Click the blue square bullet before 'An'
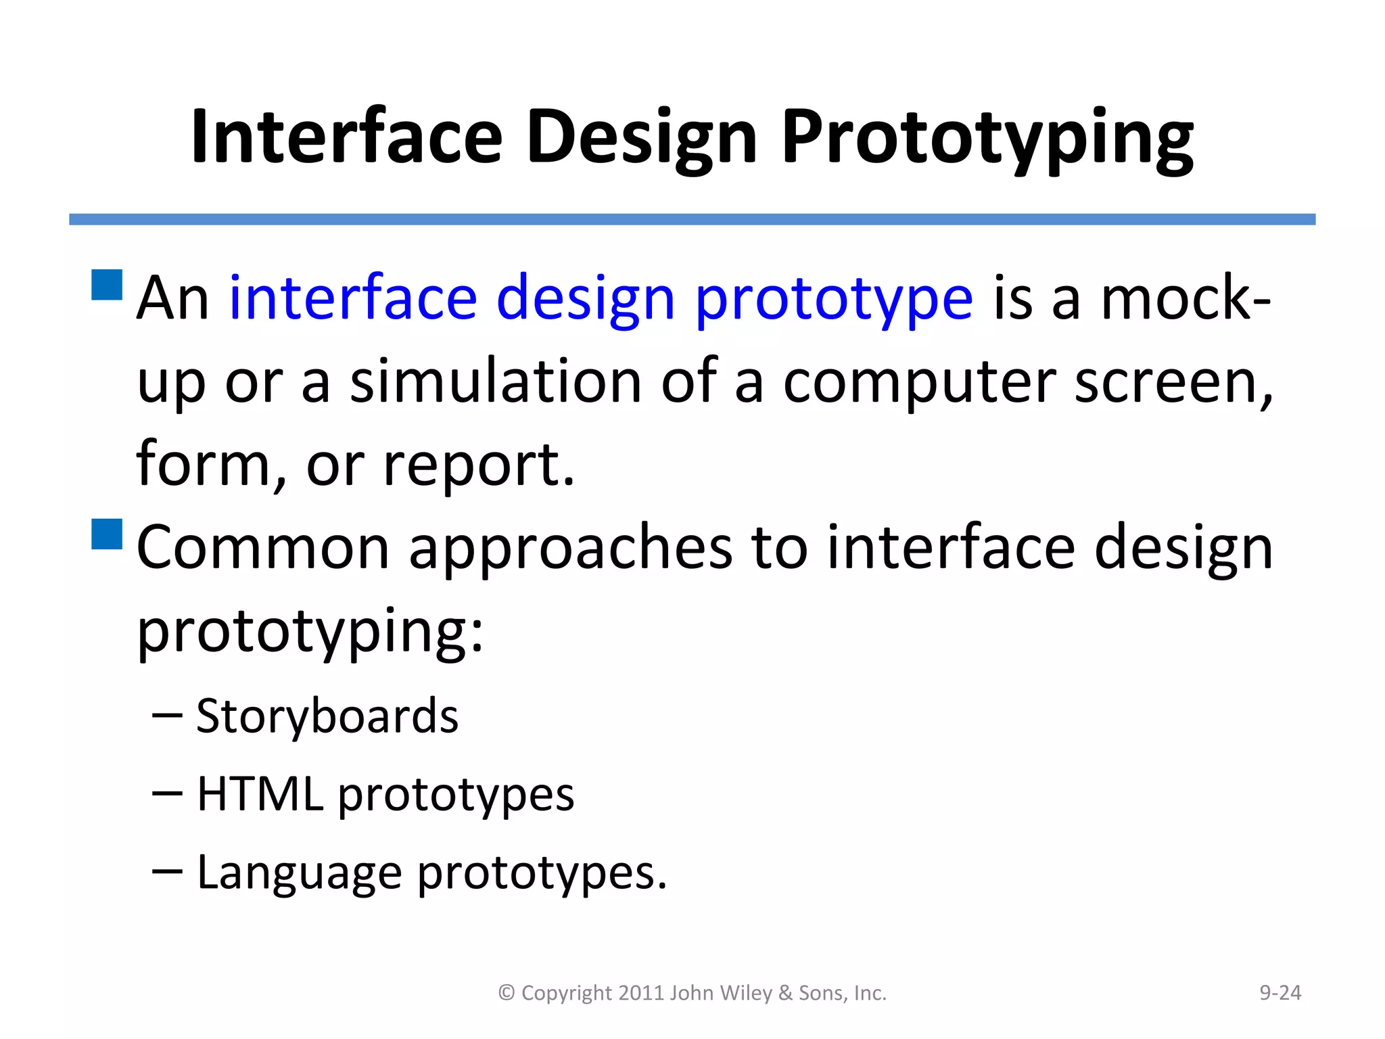[x=107, y=285]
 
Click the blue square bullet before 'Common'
[x=107, y=534]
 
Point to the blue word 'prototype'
[x=834, y=299]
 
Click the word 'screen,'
[x=1173, y=382]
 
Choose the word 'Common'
[x=262, y=547]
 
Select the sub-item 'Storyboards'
[x=327, y=716]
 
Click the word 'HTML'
[x=260, y=793]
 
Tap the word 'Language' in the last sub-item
[x=299, y=873]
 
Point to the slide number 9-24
[x=1280, y=992]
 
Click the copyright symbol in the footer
[x=507, y=992]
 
